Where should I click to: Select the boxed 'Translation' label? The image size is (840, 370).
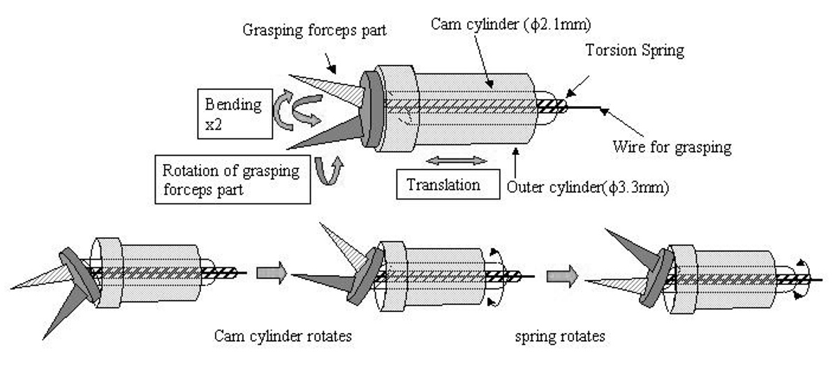pyautogui.click(x=444, y=185)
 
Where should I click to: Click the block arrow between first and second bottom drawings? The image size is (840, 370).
pyautogui.click(x=272, y=274)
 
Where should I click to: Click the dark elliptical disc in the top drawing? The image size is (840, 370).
pyautogui.click(x=372, y=108)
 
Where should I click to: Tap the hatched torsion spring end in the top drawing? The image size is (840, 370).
pyautogui.click(x=548, y=108)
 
